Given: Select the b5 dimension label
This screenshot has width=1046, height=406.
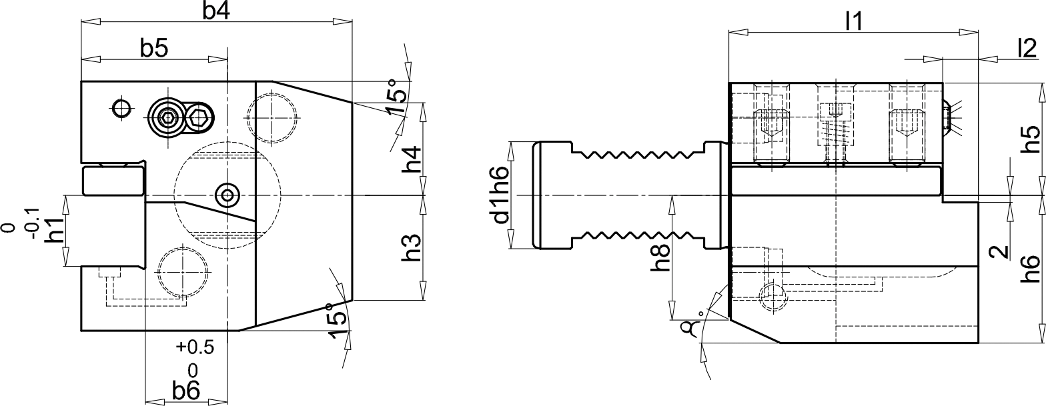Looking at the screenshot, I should [x=153, y=48].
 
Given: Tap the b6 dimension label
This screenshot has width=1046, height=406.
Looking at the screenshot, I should [x=185, y=391].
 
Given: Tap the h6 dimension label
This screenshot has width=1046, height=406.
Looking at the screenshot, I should [x=1031, y=270].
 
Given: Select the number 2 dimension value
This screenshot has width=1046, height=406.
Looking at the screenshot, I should [x=998, y=251].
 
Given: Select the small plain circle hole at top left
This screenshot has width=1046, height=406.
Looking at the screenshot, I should [x=121, y=107].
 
